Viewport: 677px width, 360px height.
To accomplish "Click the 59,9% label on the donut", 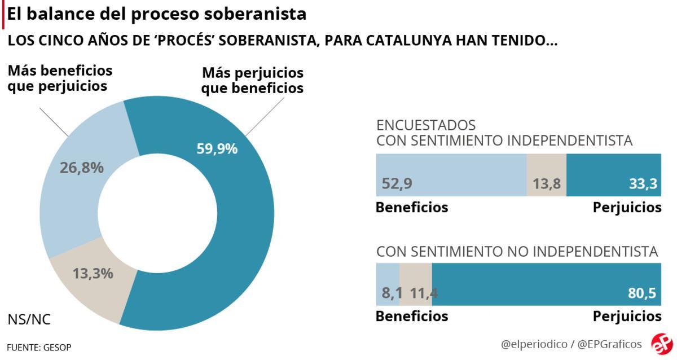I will coord(217,149).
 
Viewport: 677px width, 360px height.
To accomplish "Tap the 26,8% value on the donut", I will coord(81,168).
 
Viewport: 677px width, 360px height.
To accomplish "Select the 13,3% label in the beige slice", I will coord(93,274).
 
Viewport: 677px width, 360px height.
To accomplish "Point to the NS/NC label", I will coord(29,320).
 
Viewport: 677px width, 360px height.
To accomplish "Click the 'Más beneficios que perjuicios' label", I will coord(60,78).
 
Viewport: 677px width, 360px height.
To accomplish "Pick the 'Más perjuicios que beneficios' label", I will coord(253,81).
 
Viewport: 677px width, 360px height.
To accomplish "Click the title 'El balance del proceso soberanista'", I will coord(157,14).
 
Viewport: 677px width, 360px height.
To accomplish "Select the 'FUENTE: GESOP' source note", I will coord(39,347).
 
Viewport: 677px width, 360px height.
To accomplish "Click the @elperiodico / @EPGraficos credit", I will coord(571,344).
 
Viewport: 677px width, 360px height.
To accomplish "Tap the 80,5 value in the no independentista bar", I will coord(644,293).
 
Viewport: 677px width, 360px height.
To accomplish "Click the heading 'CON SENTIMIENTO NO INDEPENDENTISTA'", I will coord(517,252).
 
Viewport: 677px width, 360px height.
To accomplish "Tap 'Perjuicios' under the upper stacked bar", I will coord(627,208).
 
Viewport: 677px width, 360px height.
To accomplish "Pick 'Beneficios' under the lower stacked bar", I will coord(412,316).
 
